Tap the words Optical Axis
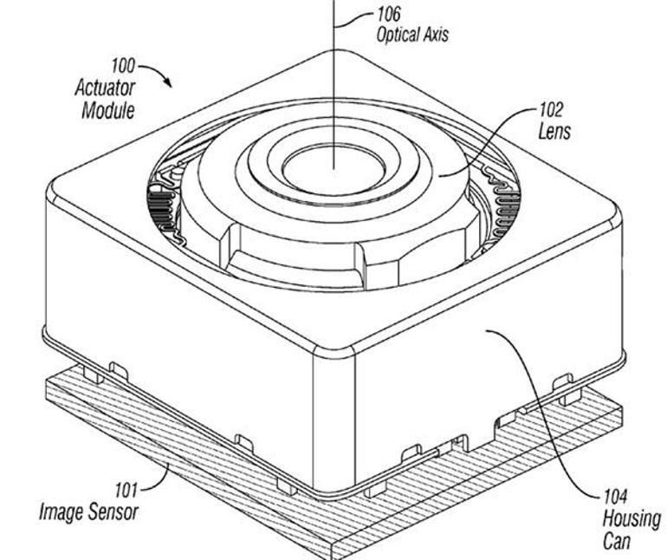(412, 36)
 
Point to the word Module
(107, 110)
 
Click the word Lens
(554, 133)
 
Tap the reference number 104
(616, 498)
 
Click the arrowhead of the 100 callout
(169, 83)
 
